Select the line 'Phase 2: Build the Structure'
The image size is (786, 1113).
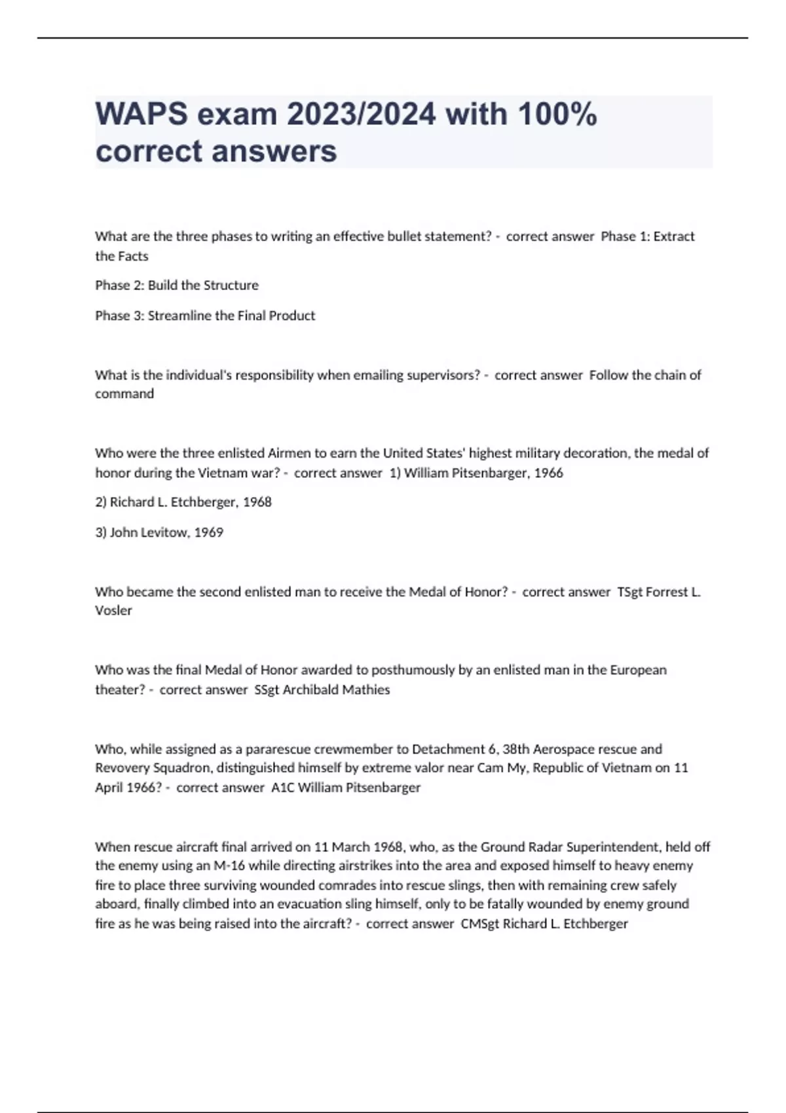point(177,285)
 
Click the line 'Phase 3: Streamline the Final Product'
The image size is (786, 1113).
point(205,316)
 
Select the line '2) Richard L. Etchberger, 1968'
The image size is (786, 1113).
point(183,502)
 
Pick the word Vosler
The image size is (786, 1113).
point(113,611)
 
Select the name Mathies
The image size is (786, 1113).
point(366,689)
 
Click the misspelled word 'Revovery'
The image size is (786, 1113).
point(120,767)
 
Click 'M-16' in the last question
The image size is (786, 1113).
point(229,866)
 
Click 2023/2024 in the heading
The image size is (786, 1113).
point(361,115)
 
